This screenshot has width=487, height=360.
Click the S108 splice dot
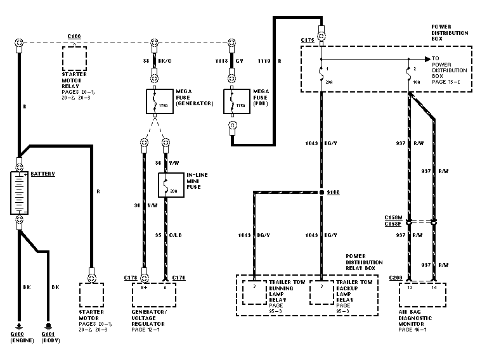pyautogui.click(x=321, y=191)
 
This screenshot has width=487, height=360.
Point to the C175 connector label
pyautogui.click(x=308, y=40)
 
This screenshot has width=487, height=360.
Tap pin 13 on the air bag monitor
pyautogui.click(x=410, y=288)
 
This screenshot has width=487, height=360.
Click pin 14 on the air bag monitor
pyautogui.click(x=434, y=288)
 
